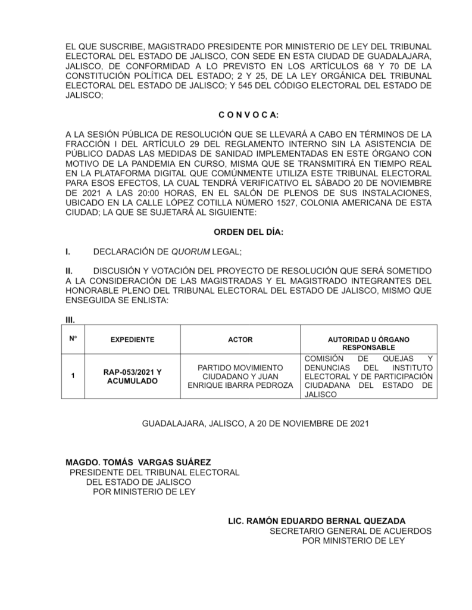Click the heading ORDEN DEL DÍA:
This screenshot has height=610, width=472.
[x=248, y=233]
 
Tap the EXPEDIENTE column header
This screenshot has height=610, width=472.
[x=132, y=340]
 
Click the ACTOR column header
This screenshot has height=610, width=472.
[x=240, y=340]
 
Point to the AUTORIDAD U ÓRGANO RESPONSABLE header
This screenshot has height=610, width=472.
[x=368, y=343]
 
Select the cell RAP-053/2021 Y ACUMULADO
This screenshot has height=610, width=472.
[x=132, y=376]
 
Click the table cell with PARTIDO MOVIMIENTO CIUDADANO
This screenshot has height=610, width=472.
[x=240, y=376]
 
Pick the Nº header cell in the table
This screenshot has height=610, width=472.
[x=73, y=338]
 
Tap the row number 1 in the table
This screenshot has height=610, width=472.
[x=73, y=376]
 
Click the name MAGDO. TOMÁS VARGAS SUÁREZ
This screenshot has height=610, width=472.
[x=138, y=462]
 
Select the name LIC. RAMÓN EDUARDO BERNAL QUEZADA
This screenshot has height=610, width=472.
[x=317, y=520]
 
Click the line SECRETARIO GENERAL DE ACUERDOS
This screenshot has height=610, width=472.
[x=351, y=530]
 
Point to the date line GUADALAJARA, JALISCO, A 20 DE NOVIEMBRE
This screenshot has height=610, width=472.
[x=256, y=424]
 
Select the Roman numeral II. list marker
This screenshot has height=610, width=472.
[x=69, y=271]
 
